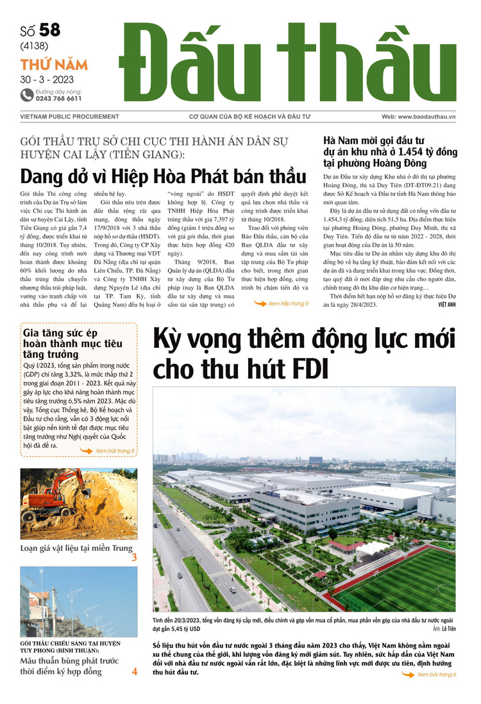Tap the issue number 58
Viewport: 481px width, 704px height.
(51, 29)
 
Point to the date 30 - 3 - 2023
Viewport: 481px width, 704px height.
(46, 80)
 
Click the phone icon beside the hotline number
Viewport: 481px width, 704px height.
(26, 95)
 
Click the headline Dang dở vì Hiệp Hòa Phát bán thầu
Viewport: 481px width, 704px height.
(164, 176)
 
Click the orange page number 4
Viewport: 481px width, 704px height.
(135, 672)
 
